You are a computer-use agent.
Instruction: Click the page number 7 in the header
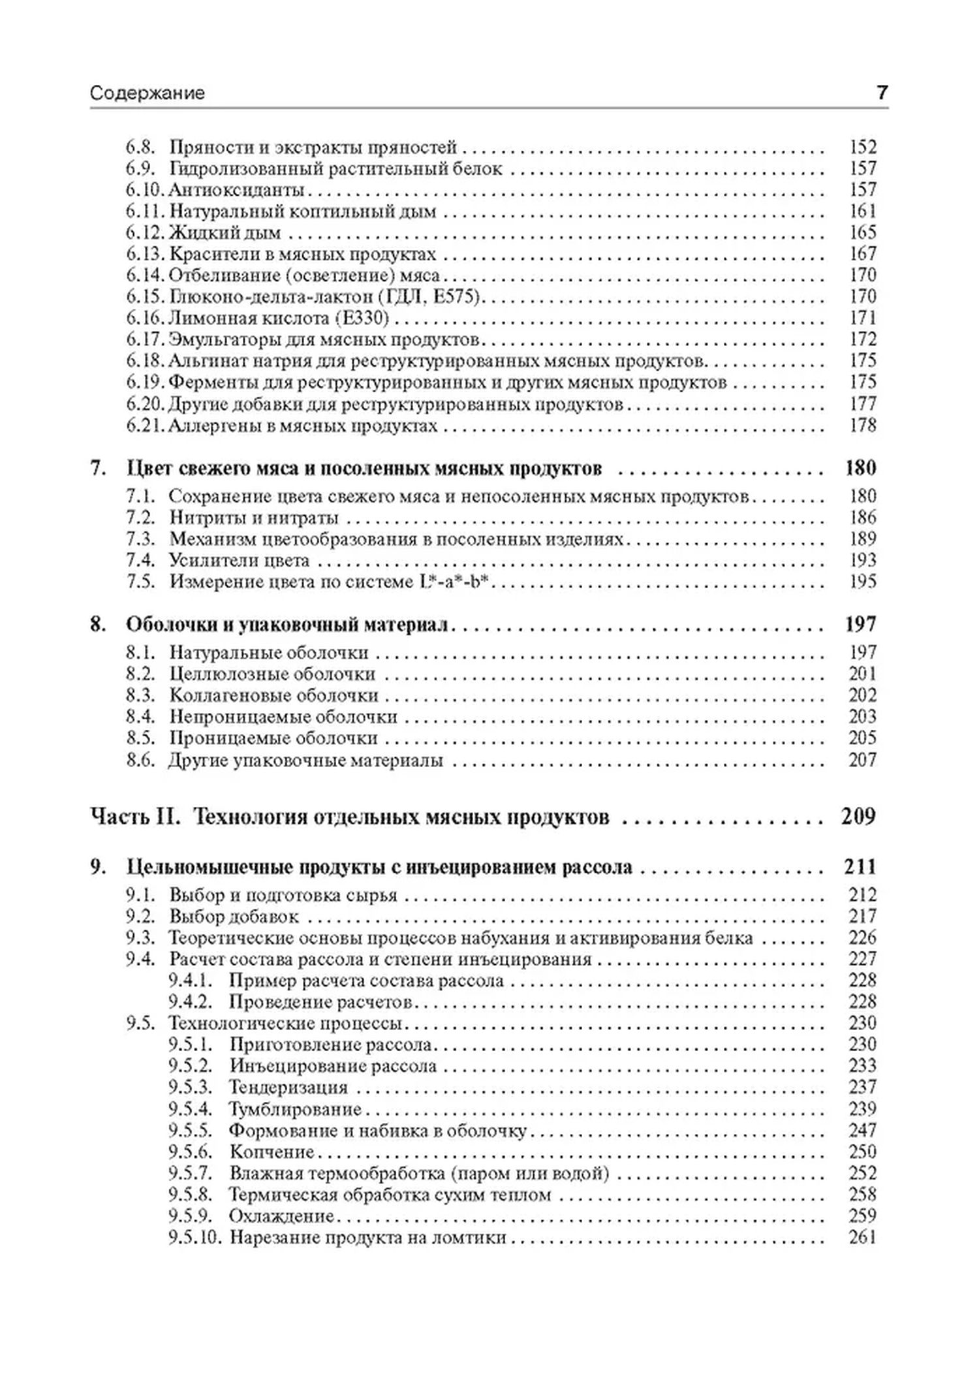(882, 93)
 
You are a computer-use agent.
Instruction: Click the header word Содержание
(148, 93)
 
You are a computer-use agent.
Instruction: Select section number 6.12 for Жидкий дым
(145, 232)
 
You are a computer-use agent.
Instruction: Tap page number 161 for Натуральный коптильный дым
(862, 211)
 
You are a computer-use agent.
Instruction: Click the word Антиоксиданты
(237, 190)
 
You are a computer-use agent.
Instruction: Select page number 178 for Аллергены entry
(862, 425)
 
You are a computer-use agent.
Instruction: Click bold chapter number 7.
(97, 468)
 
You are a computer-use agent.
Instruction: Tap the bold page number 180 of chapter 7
(860, 468)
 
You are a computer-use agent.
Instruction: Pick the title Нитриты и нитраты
(254, 518)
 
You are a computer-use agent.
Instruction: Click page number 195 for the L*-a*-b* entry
(862, 581)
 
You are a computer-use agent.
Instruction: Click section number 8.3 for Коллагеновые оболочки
(140, 696)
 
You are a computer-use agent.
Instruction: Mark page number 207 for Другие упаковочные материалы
(862, 760)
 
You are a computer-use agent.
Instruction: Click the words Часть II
(134, 817)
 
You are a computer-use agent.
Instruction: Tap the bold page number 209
(858, 817)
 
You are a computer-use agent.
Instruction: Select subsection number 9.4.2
(190, 1001)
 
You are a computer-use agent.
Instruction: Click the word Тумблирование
(295, 1108)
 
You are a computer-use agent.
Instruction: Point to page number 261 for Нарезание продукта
(862, 1237)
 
